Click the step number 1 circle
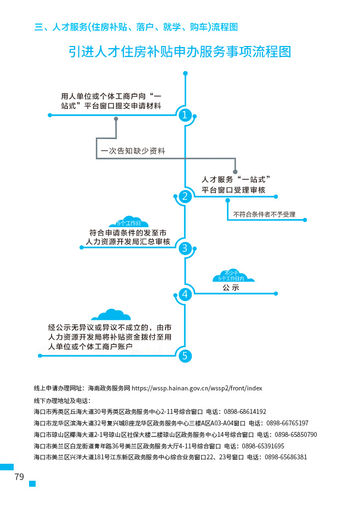click(x=185, y=115)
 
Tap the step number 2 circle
click(x=185, y=197)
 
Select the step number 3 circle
click(x=185, y=248)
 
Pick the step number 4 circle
click(x=185, y=294)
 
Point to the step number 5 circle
click(x=185, y=356)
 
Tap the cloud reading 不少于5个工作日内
click(x=231, y=275)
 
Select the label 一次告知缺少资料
click(x=133, y=151)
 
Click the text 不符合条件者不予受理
click(x=264, y=214)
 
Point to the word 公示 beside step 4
click(x=231, y=287)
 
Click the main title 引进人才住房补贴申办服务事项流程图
click(x=180, y=51)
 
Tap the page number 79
click(x=19, y=477)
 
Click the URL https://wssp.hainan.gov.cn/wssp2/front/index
click(x=197, y=388)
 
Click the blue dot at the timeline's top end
click(x=185, y=73)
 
